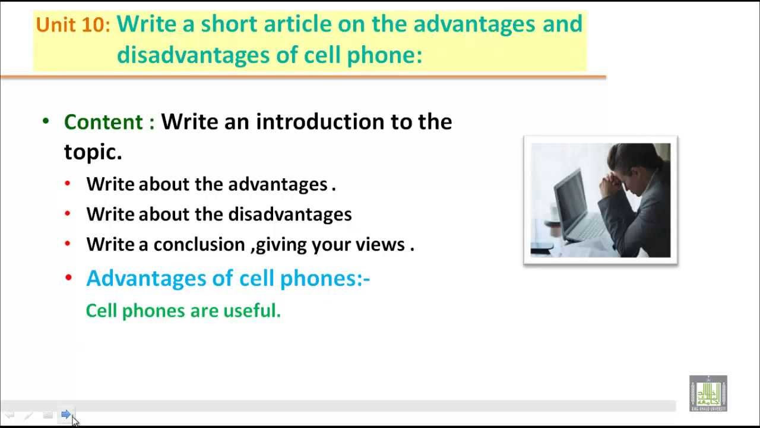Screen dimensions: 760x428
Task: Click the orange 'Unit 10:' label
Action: pos(73,25)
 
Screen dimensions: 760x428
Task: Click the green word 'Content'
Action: pos(103,122)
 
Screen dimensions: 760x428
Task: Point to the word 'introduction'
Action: pos(320,122)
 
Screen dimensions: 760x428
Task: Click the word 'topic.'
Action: pos(93,152)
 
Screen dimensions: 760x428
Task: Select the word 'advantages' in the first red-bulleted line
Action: pos(278,184)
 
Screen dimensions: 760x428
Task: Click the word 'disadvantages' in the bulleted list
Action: pos(290,215)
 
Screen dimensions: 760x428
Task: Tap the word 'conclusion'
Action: pos(199,244)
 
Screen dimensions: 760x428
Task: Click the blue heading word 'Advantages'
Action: pos(146,278)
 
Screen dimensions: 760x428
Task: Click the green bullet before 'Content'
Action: pos(46,121)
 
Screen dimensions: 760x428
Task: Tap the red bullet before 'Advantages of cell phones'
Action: pos(68,278)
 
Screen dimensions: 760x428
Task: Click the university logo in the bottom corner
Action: pos(708,394)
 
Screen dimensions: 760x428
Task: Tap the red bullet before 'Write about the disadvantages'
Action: pos(68,213)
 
